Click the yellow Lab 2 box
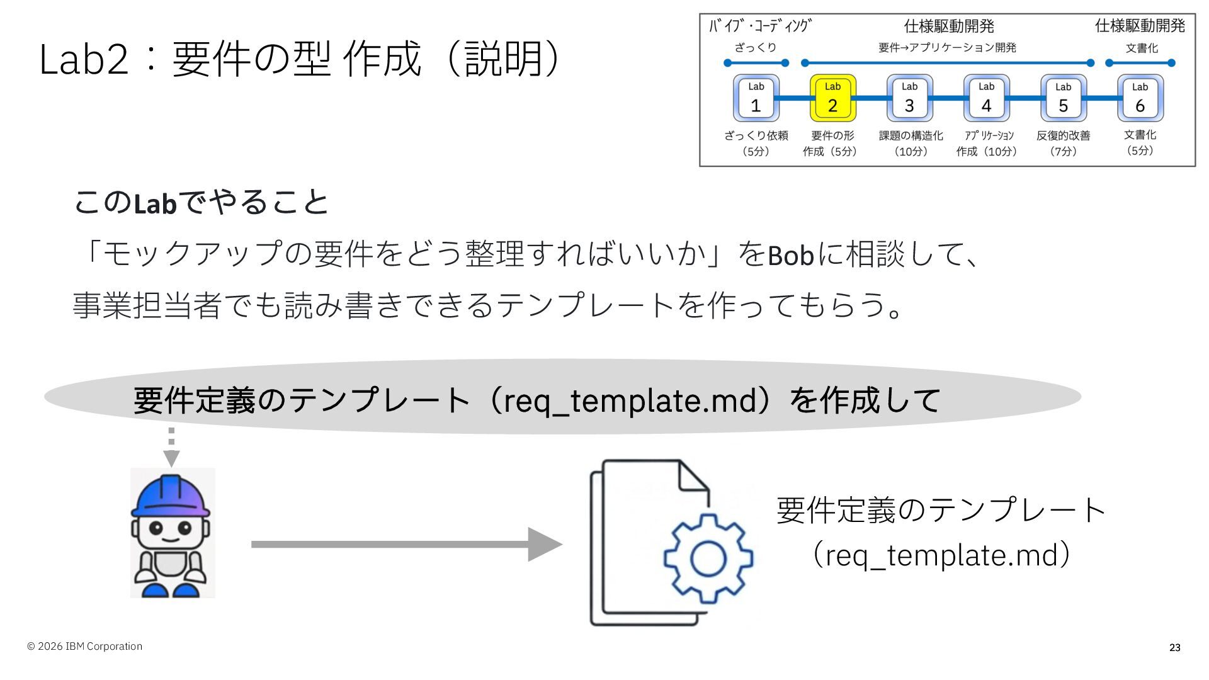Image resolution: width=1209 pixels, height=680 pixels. pyautogui.click(x=832, y=98)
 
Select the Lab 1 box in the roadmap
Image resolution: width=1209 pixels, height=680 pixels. pyautogui.click(x=756, y=98)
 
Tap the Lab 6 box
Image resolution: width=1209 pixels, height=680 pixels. pyautogui.click(x=1140, y=98)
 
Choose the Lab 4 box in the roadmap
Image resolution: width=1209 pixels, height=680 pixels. pyautogui.click(x=987, y=98)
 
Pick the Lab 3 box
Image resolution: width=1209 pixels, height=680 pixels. pyautogui.click(x=910, y=98)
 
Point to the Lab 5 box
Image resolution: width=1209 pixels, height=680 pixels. pyautogui.click(x=1064, y=98)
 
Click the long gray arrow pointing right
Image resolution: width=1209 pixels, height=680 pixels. pyautogui.click(x=407, y=544)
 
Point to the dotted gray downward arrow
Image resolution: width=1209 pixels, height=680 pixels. pyautogui.click(x=171, y=448)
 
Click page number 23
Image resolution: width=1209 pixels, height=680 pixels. pyautogui.click(x=1175, y=647)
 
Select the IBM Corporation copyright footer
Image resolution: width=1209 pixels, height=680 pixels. pyautogui.click(x=84, y=647)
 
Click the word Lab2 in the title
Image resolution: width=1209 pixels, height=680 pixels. pyautogui.click(x=84, y=60)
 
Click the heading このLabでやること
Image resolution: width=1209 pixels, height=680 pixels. pyautogui.click(x=201, y=203)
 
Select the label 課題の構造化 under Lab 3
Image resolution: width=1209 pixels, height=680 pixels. pyautogui.click(x=911, y=135)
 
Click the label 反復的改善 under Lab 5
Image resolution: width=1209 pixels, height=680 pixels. pyautogui.click(x=1064, y=135)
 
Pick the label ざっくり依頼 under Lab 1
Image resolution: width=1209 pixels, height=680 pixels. pyautogui.click(x=756, y=135)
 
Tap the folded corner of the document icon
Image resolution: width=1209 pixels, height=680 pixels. pyautogui.click(x=693, y=475)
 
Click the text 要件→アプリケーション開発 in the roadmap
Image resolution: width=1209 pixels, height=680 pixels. pyautogui.click(x=948, y=48)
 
